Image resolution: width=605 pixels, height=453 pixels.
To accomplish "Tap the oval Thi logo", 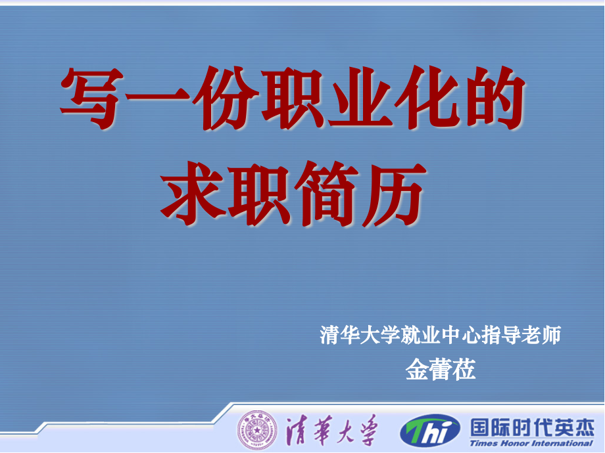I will [430, 431].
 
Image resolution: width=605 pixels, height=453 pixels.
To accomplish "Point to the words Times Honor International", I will [532, 443].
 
